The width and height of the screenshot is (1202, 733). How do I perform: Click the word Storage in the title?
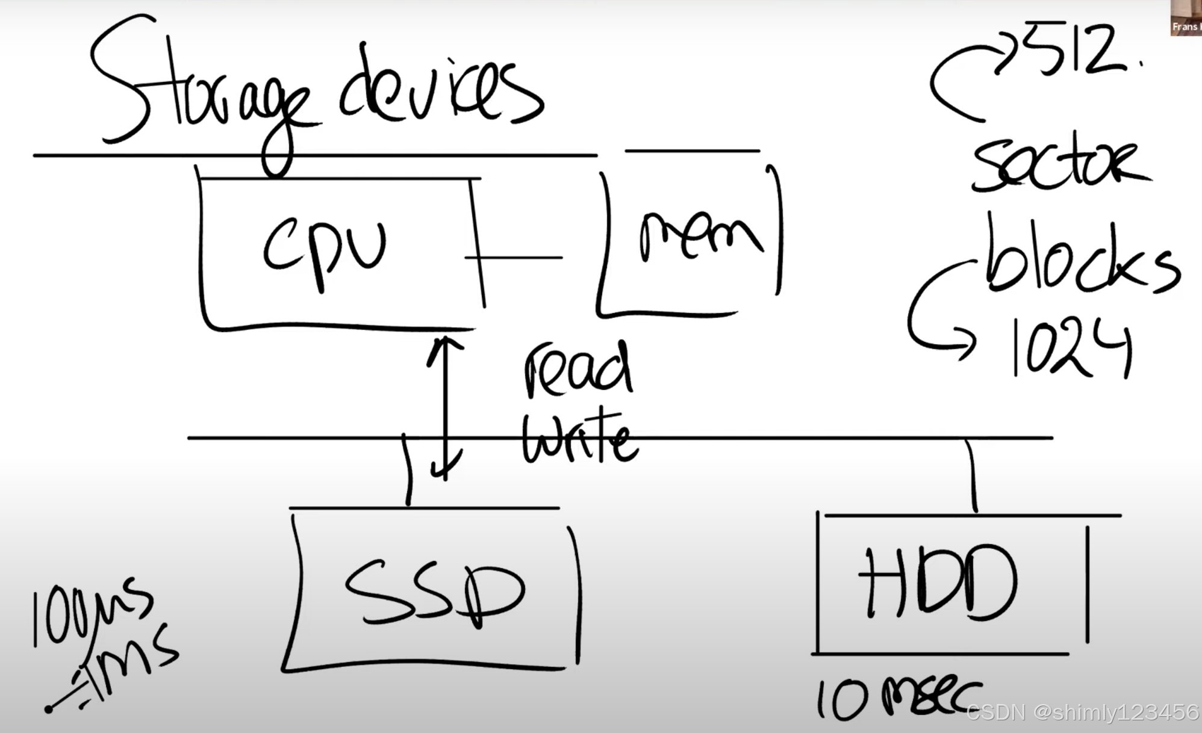click(199, 96)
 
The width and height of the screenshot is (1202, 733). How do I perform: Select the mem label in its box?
click(699, 238)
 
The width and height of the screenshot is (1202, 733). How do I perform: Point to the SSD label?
click(434, 593)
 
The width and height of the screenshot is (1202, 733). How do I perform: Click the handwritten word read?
click(578, 370)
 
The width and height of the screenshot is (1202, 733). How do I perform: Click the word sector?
click(1060, 165)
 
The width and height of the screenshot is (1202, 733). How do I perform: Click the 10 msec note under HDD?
click(897, 698)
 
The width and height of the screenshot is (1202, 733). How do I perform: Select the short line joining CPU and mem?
click(515, 258)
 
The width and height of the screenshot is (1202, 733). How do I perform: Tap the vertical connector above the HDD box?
click(973, 475)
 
